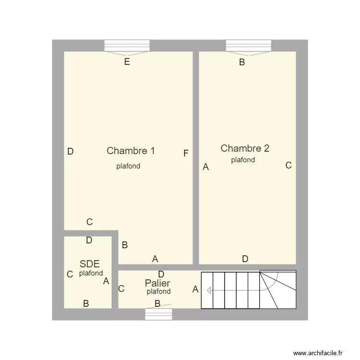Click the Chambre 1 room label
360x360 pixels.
tap(131, 151)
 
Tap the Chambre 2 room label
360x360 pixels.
tap(245, 148)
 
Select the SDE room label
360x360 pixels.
tap(90, 264)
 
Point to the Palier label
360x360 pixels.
tap(157, 283)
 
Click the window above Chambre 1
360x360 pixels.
tap(127, 46)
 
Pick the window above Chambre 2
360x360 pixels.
tap(249, 46)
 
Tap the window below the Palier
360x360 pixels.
tap(158, 314)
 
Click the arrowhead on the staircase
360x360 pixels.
tap(209, 291)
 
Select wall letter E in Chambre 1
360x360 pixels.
tap(127, 62)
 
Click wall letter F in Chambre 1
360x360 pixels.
tap(186, 153)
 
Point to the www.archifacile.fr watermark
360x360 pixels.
tap(318, 353)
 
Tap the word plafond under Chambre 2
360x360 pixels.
tap(243, 160)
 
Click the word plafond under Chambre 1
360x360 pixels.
tap(128, 166)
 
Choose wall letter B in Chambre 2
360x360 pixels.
tap(242, 62)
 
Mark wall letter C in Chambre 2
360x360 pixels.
tap(288, 165)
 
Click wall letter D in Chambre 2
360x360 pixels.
tap(245, 259)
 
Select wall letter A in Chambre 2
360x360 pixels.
tap(206, 167)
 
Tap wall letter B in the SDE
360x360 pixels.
tap(86, 303)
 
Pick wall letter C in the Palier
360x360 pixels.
tap(121, 288)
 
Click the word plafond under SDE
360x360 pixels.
tap(91, 273)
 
